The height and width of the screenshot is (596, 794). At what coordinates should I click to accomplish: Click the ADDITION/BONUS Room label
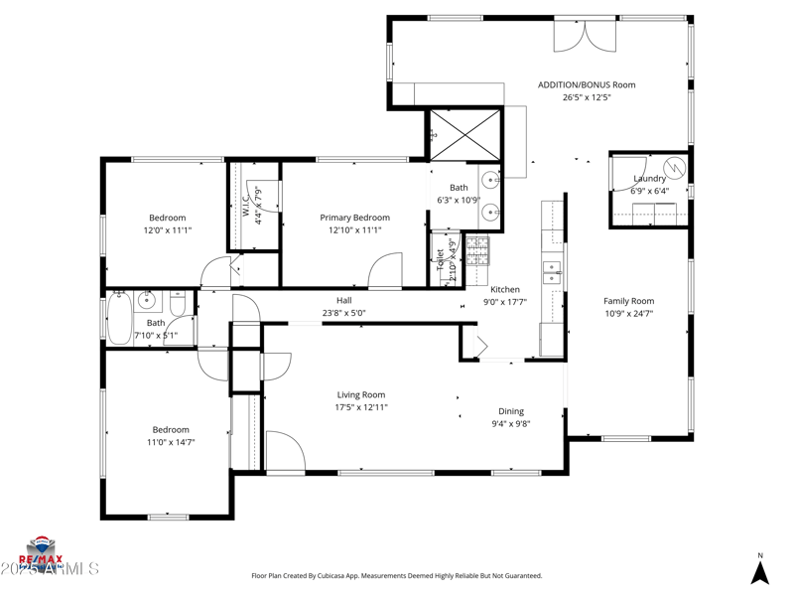[587, 84]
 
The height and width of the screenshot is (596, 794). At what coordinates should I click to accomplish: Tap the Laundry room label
[650, 179]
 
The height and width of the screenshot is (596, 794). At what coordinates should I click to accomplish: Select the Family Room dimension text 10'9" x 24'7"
[629, 313]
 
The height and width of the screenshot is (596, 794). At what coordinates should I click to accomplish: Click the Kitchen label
[505, 290]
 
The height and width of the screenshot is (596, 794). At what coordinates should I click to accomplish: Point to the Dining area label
[511, 411]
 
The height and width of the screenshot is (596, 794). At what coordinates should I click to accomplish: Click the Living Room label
[360, 394]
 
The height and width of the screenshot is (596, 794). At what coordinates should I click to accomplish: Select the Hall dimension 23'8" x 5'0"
[344, 313]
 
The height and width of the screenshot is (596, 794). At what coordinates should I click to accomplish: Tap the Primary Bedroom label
[354, 218]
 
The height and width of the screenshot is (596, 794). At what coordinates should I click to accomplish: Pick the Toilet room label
[441, 260]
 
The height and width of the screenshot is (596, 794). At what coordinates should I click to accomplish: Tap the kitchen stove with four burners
[477, 250]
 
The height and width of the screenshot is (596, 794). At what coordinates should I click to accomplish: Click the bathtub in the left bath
[119, 316]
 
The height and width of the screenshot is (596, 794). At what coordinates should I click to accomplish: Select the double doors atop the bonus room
[586, 35]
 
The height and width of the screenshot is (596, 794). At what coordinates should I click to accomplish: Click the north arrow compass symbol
[760, 571]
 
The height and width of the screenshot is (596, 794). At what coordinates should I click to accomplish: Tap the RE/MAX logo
[42, 549]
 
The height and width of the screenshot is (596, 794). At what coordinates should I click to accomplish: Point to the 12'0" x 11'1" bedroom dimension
[167, 230]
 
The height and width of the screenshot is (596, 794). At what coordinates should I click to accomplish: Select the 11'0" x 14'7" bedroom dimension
[170, 442]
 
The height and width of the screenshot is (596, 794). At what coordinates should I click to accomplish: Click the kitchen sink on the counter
[551, 271]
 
